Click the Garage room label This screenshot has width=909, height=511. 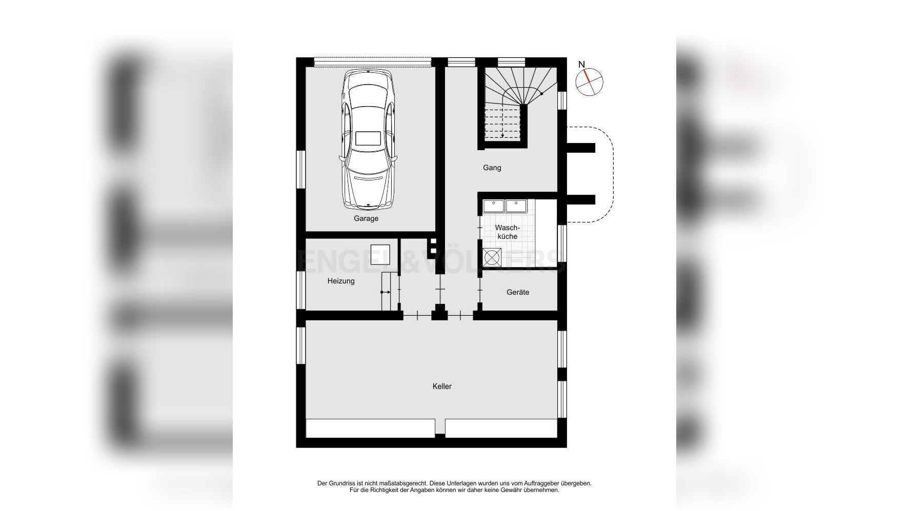click(366, 218)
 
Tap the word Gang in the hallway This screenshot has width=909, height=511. click(492, 168)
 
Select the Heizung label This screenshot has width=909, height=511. click(341, 281)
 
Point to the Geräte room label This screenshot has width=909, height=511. click(517, 292)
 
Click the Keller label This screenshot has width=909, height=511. click(441, 386)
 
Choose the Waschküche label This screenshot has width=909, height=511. click(507, 232)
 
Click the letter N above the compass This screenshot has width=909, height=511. click(581, 65)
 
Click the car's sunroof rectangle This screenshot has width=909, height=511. click(368, 138)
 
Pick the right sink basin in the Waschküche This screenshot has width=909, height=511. click(517, 206)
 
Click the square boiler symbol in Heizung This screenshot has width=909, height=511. click(380, 255)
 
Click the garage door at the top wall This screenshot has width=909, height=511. click(372, 62)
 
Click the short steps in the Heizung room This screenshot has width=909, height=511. click(390, 292)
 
